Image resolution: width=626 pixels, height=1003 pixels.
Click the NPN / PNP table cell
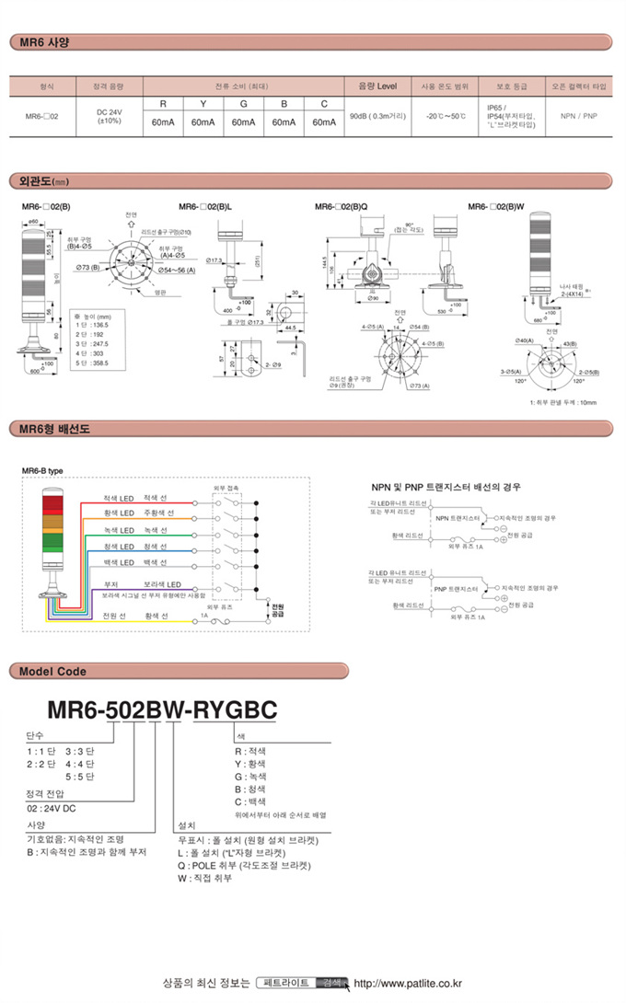tap(578, 117)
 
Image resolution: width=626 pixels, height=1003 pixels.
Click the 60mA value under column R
tap(163, 122)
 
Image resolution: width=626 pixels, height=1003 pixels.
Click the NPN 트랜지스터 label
tap(458, 518)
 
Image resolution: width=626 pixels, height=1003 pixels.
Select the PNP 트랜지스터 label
tap(458, 586)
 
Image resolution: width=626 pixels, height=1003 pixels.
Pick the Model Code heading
tap(52, 671)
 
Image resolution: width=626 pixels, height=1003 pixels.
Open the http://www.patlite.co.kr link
tap(408, 983)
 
